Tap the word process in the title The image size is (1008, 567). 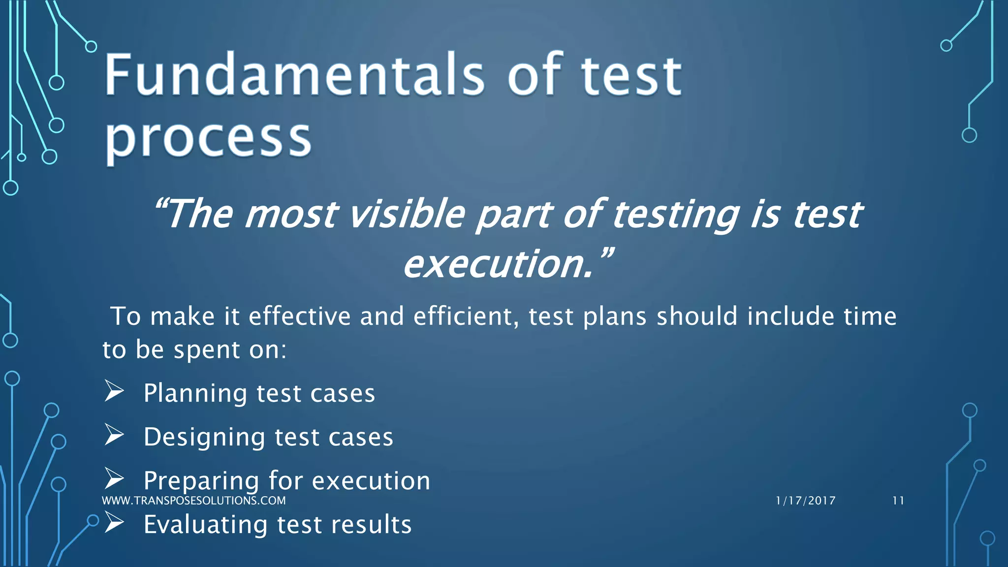point(208,139)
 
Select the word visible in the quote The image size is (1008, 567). point(407,215)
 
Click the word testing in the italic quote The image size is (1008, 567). point(675,215)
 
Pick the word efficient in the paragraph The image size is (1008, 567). point(466,316)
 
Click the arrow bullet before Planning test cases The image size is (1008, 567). point(114,392)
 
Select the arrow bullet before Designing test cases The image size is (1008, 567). point(114,436)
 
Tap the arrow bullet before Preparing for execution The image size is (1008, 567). point(114,479)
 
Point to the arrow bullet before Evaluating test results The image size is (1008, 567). point(114,523)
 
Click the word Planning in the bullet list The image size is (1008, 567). point(195,394)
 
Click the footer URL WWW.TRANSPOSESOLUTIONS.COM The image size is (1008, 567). point(193,501)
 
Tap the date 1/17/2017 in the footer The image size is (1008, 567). point(805,501)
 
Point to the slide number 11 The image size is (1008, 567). point(898,501)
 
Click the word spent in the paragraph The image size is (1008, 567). point(207,350)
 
